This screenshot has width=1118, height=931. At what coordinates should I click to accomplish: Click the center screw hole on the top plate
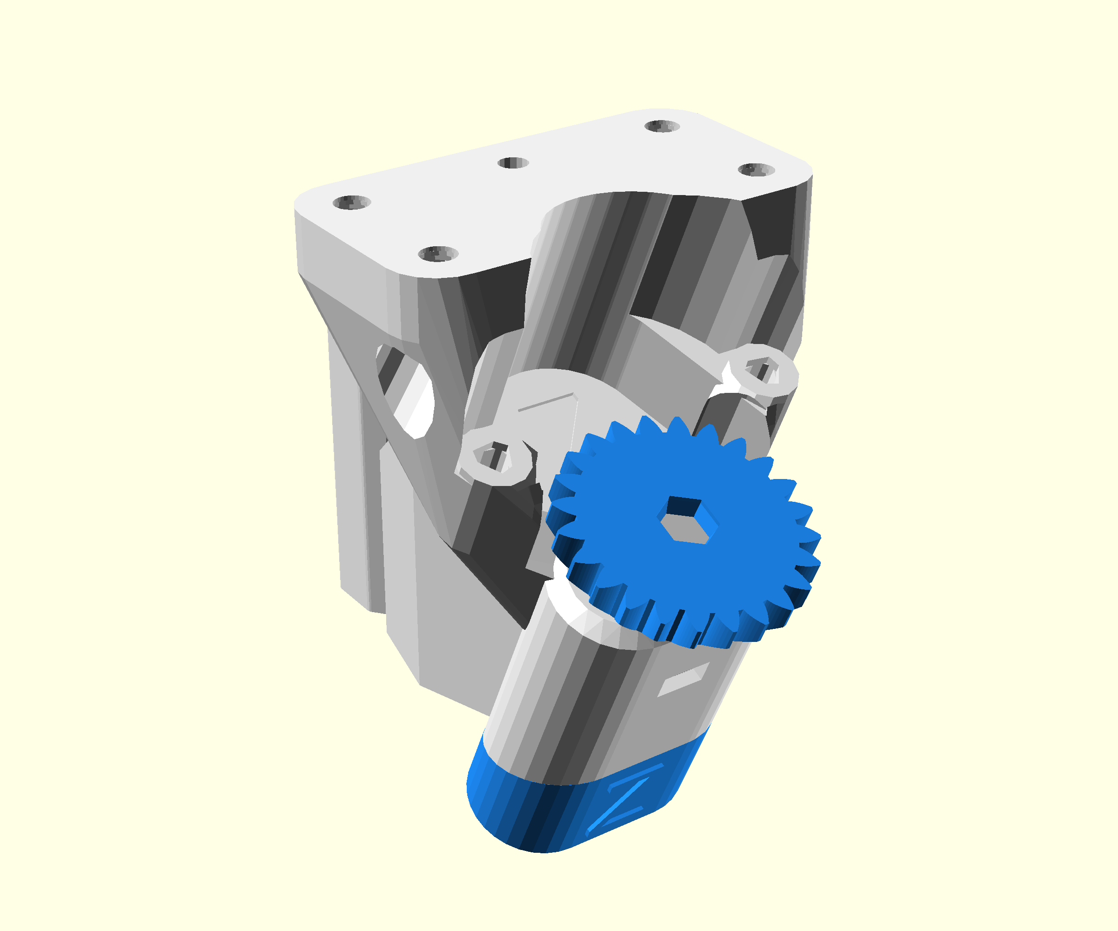coord(513,163)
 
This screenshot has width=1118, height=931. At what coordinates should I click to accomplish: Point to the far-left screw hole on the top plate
coord(351,202)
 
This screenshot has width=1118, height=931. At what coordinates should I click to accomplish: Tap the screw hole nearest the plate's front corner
coord(437,254)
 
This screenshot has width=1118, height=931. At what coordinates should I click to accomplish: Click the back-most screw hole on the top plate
coord(662,126)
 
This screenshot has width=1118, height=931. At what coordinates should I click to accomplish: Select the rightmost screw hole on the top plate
coord(756,170)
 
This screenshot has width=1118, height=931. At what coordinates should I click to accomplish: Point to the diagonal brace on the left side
coord(362,340)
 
